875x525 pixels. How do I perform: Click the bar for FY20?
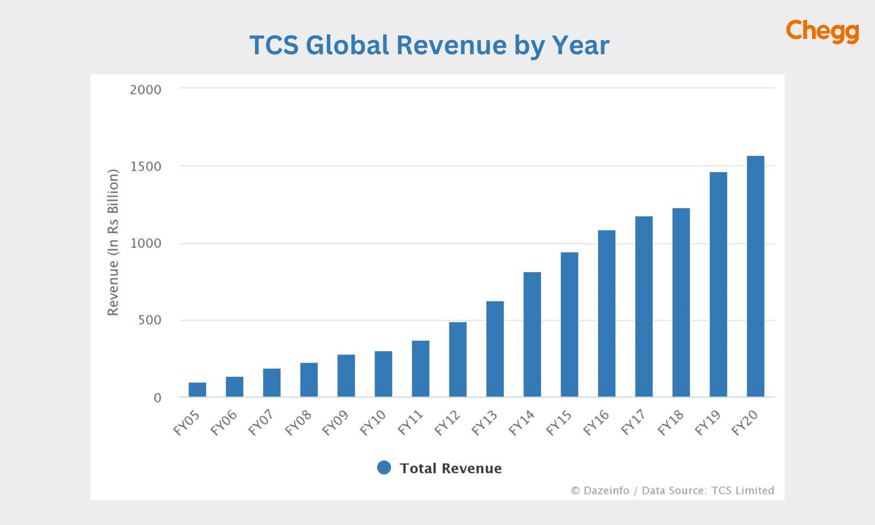(756, 276)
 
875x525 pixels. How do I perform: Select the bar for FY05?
(197, 390)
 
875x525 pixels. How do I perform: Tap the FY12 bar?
(458, 360)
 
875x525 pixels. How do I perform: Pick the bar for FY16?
(607, 314)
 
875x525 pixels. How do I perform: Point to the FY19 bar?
(718, 284)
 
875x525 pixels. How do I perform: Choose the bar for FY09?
(346, 376)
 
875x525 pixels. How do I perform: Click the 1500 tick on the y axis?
(146, 167)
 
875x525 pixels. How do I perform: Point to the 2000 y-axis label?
(146, 90)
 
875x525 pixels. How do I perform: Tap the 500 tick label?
(150, 320)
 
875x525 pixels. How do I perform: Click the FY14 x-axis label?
(521, 423)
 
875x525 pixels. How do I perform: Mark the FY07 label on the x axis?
(261, 423)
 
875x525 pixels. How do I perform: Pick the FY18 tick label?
(671, 423)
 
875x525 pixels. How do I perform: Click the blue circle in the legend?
(384, 468)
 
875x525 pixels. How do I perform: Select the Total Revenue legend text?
(451, 469)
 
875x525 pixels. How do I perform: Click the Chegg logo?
(822, 31)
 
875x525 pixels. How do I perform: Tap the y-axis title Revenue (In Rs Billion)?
(113, 242)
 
